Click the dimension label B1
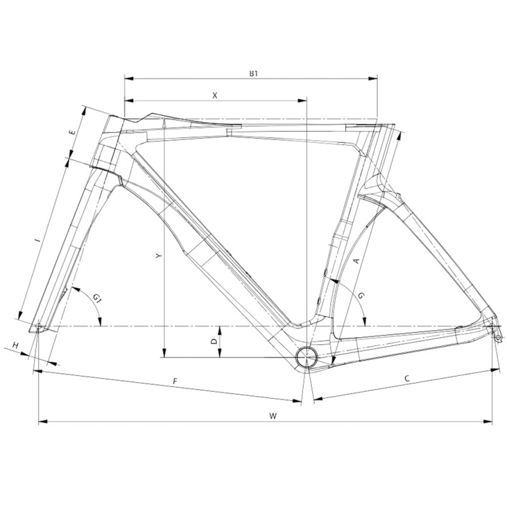click(x=253, y=74)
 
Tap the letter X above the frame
click(x=215, y=96)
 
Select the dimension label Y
click(x=158, y=256)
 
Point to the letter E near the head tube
click(x=73, y=132)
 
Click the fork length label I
click(x=38, y=240)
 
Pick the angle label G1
click(x=97, y=297)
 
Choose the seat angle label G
click(x=361, y=295)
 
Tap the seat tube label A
click(x=356, y=260)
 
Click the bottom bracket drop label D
click(x=214, y=341)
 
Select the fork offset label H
click(x=15, y=345)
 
